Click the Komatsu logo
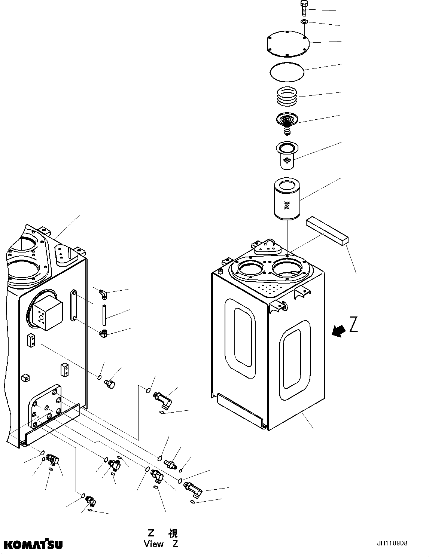pos(33,544)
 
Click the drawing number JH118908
pos(392,544)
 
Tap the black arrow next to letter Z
pos(339,331)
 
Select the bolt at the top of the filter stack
pos(304,8)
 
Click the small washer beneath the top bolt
pos(305,22)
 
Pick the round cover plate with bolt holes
pos(289,44)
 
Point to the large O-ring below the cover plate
pos(287,71)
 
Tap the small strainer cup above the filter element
pos(287,154)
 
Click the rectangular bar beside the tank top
pos(327,232)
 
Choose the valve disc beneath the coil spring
pos(287,121)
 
